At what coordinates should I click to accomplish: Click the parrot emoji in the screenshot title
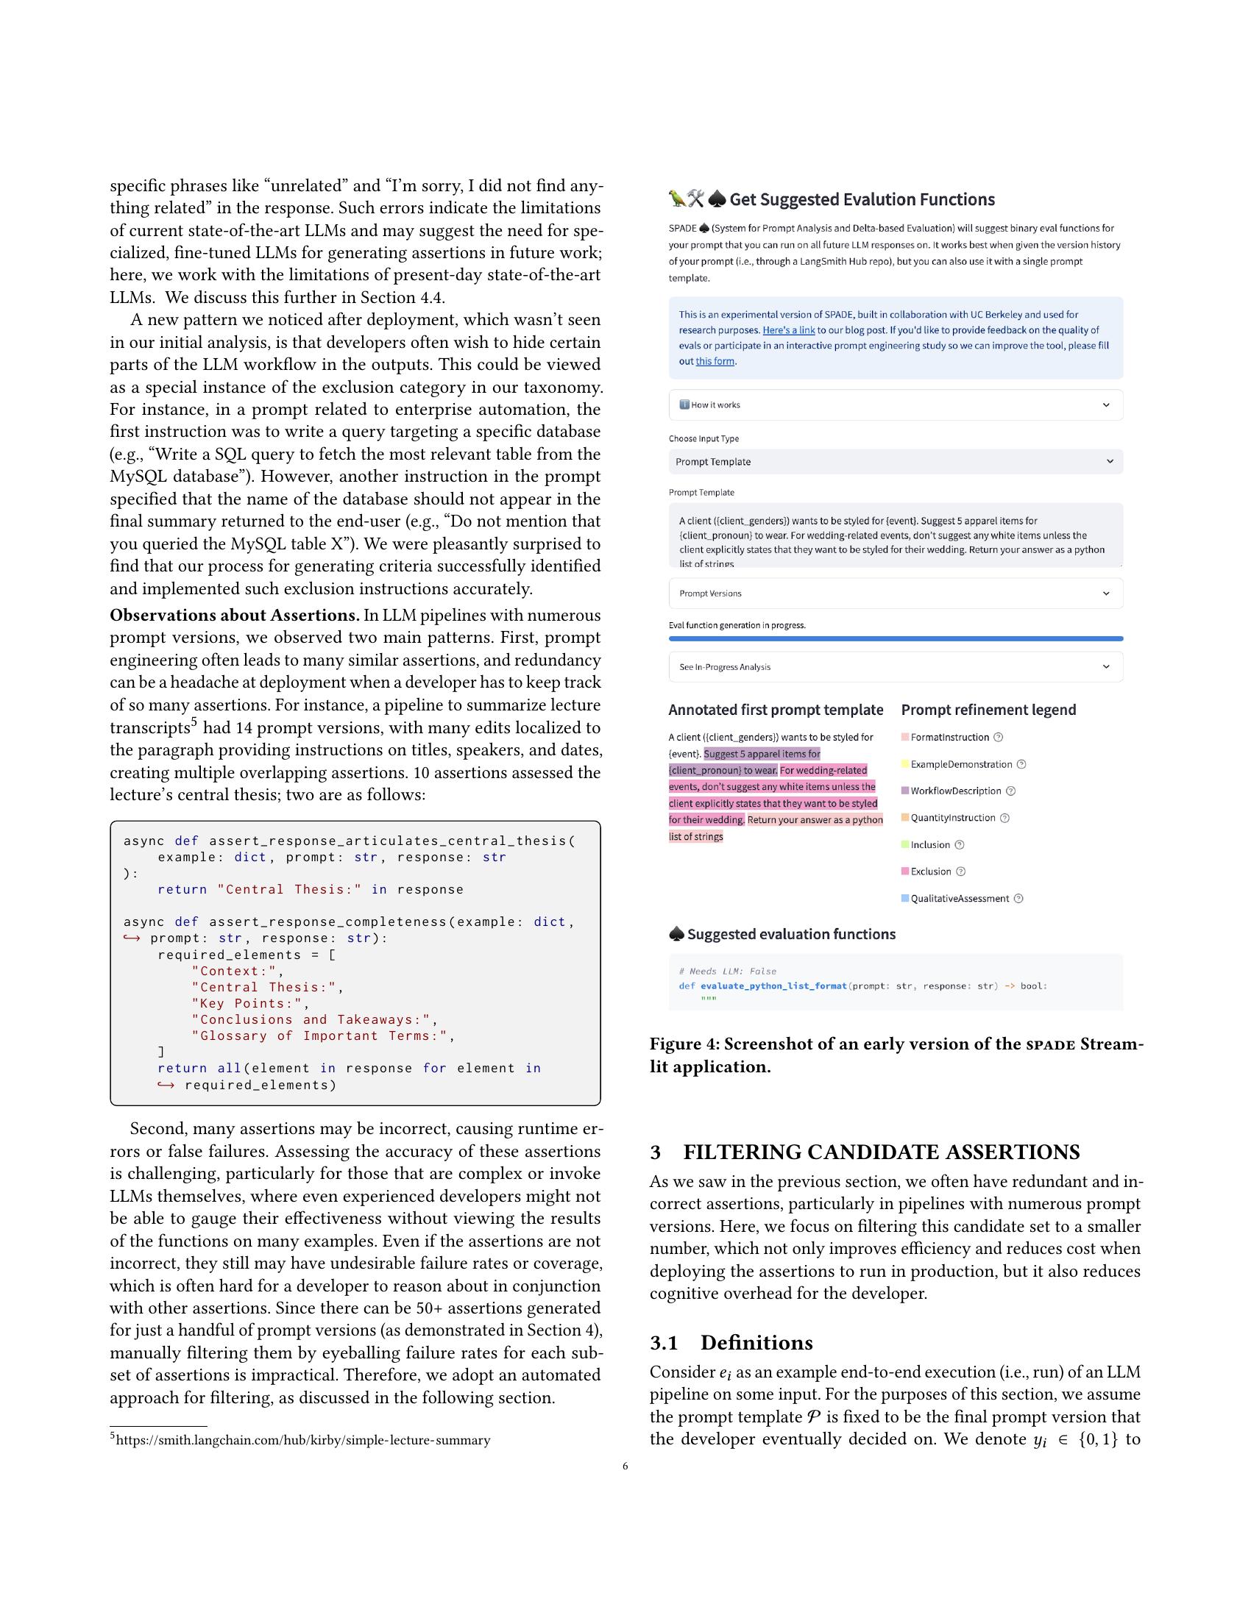676,199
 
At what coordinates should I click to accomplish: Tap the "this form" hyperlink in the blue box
715,362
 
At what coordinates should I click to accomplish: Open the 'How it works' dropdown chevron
1106,404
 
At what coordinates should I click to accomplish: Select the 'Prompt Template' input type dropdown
896,462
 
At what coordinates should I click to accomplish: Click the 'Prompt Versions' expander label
710,594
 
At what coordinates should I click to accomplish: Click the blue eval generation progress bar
896,638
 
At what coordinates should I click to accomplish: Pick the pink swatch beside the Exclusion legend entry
905,872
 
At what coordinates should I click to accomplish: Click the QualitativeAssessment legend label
960,899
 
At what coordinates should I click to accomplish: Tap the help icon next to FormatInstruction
998,737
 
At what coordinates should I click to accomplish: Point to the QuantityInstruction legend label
952,818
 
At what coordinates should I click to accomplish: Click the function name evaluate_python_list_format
773,986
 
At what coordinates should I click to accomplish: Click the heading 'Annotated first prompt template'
775,710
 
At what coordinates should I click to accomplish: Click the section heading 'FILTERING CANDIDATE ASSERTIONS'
880,1152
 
